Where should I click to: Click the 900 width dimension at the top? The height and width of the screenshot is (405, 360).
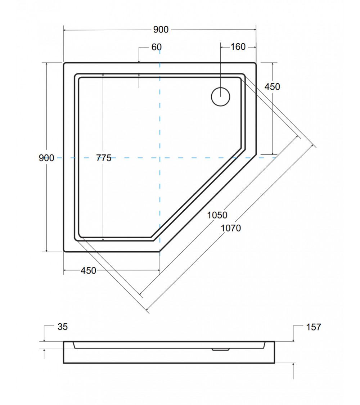(161, 30)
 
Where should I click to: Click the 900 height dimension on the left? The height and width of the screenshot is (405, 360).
(46, 158)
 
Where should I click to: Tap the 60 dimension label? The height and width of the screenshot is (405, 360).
(157, 47)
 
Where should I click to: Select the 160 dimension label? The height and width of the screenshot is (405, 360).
(238, 47)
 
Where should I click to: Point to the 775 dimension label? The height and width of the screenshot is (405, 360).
(104, 158)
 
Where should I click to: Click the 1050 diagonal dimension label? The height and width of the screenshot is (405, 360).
(217, 215)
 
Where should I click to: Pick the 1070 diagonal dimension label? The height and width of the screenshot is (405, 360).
(231, 228)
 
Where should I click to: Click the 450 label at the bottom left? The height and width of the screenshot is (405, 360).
(89, 270)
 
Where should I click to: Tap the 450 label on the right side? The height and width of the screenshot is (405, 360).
(272, 87)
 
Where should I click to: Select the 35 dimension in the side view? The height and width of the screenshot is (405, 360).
(62, 327)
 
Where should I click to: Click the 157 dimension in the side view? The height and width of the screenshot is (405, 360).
(314, 327)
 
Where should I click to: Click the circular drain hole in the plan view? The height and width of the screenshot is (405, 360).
(220, 96)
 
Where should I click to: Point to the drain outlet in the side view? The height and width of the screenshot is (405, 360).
(220, 349)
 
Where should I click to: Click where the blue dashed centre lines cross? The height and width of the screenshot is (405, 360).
(160, 158)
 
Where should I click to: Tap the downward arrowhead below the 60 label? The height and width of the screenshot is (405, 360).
(139, 61)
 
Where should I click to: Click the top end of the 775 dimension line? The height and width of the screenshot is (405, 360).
(103, 74)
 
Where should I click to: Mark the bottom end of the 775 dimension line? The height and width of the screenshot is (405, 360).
(103, 240)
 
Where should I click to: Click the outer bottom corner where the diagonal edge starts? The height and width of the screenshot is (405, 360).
(160, 251)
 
